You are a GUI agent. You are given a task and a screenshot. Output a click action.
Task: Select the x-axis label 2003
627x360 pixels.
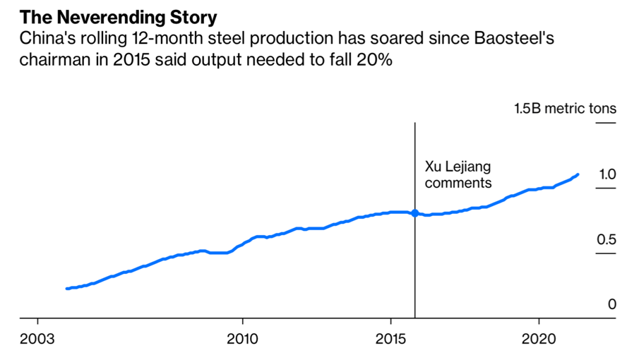pos(38,337)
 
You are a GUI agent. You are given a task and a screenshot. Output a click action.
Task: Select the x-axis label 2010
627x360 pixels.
pos(243,337)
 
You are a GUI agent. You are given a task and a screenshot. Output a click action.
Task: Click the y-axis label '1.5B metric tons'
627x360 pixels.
pos(565,108)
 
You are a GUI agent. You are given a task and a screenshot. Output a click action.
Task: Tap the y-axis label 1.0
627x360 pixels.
pos(607,174)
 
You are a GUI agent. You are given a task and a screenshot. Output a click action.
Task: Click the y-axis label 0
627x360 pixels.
pos(612,304)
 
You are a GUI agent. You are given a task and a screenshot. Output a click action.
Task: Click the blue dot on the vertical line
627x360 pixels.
pos(414,213)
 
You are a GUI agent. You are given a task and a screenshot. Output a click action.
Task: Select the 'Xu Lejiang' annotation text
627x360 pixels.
pos(457,167)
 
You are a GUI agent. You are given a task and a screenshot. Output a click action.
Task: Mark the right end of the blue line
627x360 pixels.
pos(578,174)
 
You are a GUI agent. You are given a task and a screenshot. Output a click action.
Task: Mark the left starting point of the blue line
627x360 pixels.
pos(66,289)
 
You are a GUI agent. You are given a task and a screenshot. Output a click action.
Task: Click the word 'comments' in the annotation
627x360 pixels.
pos(458,183)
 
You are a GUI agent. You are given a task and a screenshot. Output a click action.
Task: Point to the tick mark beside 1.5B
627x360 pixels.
pos(606,124)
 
